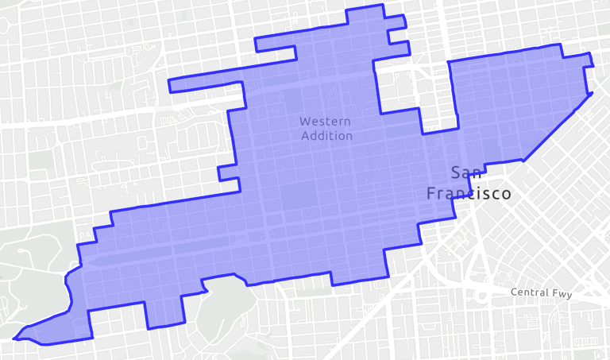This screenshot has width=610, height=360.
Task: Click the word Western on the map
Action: click(x=326, y=122)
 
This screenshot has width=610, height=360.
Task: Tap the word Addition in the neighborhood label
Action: click(x=326, y=136)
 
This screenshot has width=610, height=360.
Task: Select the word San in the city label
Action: click(x=465, y=172)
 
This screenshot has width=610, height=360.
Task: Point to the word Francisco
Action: click(x=468, y=193)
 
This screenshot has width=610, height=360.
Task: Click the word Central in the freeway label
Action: click(x=529, y=292)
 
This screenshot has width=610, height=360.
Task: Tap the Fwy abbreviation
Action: click(x=561, y=292)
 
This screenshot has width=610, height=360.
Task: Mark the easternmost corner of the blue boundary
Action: click(x=593, y=94)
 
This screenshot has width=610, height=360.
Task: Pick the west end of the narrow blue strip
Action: click(x=171, y=85)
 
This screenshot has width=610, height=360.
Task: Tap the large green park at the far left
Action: click(x=32, y=270)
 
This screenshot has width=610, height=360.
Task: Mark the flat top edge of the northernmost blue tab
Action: click(x=365, y=6)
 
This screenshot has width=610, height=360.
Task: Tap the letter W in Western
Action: click(x=304, y=122)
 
